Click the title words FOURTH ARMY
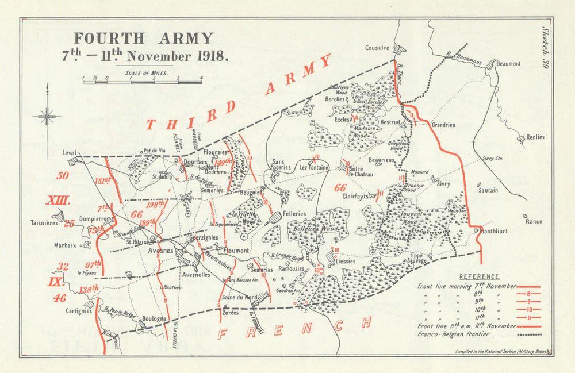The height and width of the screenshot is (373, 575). pyautogui.click(x=144, y=39)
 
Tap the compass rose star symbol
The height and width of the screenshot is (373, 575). pyautogui.click(x=47, y=117)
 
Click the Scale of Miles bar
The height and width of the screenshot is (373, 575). pyautogui.click(x=142, y=82)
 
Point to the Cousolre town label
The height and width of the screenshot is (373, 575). pyautogui.click(x=377, y=48)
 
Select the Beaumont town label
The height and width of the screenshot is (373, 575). pyautogui.click(x=508, y=64)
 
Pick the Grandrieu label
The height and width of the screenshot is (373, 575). pyautogui.click(x=443, y=124)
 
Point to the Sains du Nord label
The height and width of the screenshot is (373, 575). pyautogui.click(x=238, y=297)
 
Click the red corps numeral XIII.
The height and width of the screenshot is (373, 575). pyautogui.click(x=58, y=201)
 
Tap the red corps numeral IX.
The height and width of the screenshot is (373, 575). pyautogui.click(x=55, y=282)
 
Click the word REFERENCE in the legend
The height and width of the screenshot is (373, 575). pyautogui.click(x=479, y=276)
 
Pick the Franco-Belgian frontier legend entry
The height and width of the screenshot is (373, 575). pyautogui.click(x=455, y=334)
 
